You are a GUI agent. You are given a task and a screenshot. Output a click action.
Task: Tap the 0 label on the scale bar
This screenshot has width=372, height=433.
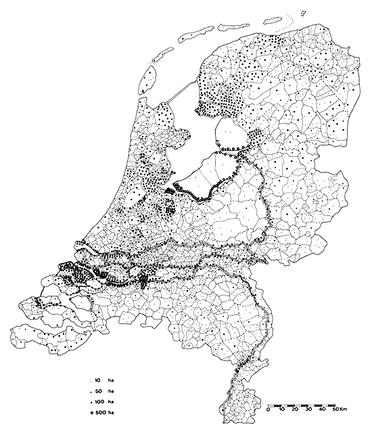tap(269, 410)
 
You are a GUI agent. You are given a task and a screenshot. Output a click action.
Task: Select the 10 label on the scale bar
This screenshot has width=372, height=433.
tap(281, 410)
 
